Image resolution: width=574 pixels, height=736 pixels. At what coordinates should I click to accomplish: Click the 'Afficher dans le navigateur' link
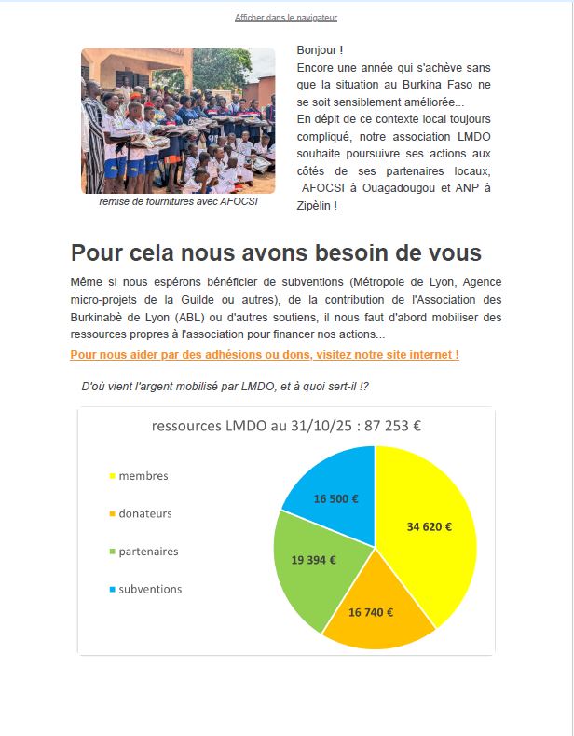(x=286, y=18)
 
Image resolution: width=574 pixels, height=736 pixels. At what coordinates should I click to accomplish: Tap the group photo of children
(x=178, y=120)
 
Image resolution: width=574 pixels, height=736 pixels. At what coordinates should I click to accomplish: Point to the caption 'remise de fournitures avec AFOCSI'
(x=178, y=201)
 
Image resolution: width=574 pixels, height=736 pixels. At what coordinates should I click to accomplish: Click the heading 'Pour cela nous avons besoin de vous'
(x=276, y=252)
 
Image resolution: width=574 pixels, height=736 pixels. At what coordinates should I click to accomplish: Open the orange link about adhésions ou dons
(x=265, y=355)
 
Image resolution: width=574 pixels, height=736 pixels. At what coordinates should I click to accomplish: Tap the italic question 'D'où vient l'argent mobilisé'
(x=231, y=386)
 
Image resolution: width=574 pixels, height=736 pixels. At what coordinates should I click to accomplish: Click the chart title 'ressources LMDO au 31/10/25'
(x=286, y=427)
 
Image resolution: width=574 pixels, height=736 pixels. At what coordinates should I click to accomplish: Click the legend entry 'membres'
(x=143, y=476)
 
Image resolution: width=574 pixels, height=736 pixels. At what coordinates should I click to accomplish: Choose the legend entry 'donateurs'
(x=145, y=513)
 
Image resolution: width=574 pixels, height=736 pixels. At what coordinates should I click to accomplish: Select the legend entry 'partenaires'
(x=148, y=552)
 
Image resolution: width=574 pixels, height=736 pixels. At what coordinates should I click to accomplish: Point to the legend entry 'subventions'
(x=150, y=589)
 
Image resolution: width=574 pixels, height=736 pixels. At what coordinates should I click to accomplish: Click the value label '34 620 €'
(x=430, y=526)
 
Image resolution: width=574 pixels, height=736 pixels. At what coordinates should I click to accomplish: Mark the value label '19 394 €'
(x=313, y=560)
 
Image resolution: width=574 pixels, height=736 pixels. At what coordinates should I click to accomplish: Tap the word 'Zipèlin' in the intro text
(x=314, y=205)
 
